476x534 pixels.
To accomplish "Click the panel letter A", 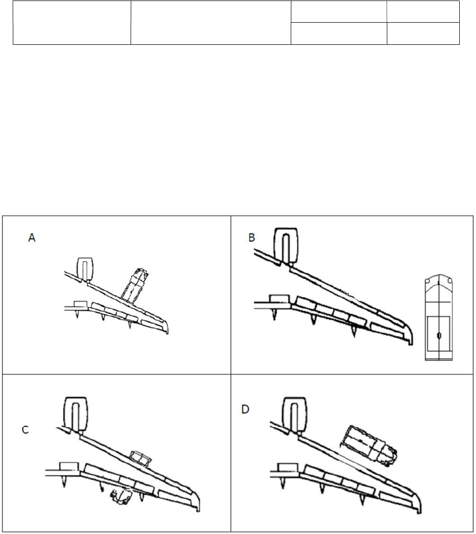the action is [32, 238].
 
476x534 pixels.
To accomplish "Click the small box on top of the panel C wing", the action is [140, 458].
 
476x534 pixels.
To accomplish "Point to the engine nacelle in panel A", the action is [85, 268].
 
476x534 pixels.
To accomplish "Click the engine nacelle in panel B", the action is [286, 245].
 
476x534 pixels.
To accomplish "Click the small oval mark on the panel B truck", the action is [439, 336].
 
